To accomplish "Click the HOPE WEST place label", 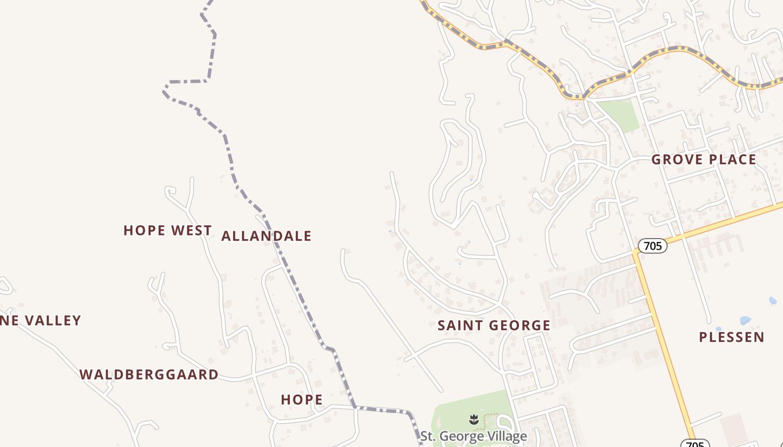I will pos(167,230).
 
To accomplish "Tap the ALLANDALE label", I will pos(266,236).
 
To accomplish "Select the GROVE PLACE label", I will pos(704,159).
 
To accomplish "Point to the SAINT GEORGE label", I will pos(494,325).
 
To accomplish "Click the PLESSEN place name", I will pos(732,337).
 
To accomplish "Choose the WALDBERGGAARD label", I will pos(149,374).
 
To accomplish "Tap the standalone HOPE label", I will pos(301,400).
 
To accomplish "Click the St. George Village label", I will pos(474,436).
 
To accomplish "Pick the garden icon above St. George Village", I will pos(474,419).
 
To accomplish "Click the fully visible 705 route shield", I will pos(652,245).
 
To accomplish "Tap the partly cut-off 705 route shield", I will pos(695,444).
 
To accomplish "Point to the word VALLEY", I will pos(51,321).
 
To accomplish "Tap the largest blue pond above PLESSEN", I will pos(745,321).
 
